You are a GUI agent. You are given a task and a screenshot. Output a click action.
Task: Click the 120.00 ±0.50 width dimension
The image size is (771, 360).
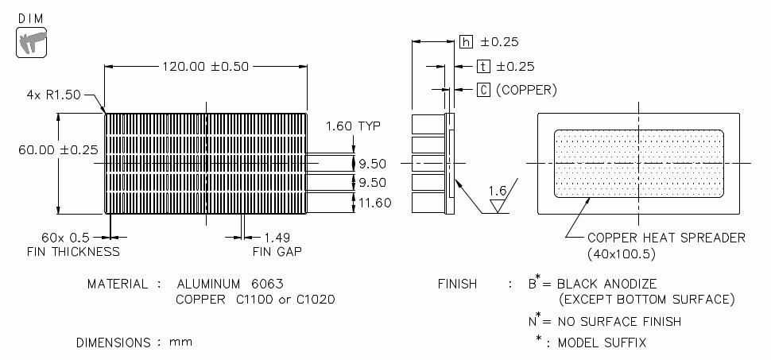point(204,67)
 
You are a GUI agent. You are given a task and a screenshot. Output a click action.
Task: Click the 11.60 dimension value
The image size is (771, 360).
point(374,203)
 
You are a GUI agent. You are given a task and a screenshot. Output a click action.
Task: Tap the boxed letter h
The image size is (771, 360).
point(467,42)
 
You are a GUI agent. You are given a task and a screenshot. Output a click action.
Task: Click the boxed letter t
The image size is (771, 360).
point(483,67)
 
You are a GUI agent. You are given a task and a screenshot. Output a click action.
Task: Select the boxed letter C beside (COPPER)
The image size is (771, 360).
point(483,90)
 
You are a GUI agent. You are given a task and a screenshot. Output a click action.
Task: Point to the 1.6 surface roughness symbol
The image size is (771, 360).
point(498,192)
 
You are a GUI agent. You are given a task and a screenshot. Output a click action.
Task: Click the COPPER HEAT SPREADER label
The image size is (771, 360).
point(666,238)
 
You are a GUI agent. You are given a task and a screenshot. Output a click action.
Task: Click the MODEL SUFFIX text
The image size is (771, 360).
point(602,343)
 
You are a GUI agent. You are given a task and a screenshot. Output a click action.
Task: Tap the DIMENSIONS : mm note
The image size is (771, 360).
point(134,343)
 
